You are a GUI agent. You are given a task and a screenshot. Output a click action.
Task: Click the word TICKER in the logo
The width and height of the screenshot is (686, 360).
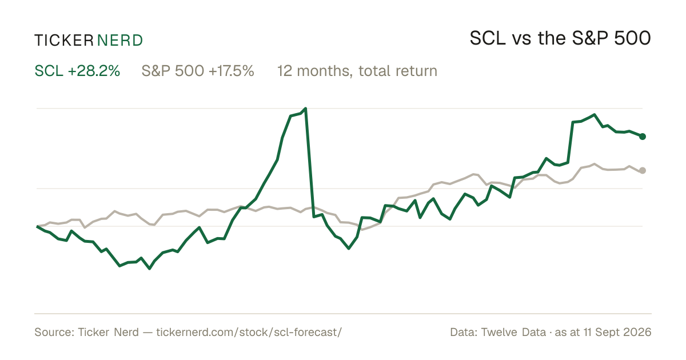pyautogui.click(x=64, y=41)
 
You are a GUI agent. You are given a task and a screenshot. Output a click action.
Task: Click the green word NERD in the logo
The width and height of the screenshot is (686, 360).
pyautogui.click(x=119, y=41)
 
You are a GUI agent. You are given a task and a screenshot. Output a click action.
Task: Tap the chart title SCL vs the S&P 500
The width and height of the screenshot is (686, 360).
pyautogui.click(x=560, y=38)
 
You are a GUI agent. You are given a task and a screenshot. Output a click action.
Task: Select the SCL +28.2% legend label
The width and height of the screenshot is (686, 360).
pyautogui.click(x=77, y=71)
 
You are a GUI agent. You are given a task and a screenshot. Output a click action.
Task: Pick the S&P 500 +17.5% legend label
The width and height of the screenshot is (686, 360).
pyautogui.click(x=198, y=71)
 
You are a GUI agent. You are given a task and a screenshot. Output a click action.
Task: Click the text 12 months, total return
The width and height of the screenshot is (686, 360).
pyautogui.click(x=357, y=71)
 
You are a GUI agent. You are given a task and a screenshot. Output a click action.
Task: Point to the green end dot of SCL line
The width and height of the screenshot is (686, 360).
pyautogui.click(x=643, y=137)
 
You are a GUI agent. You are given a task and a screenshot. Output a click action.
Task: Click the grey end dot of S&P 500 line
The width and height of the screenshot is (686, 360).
pyautogui.click(x=643, y=170)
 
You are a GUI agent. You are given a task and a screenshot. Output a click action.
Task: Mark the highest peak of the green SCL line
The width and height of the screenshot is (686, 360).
pyautogui.click(x=305, y=109)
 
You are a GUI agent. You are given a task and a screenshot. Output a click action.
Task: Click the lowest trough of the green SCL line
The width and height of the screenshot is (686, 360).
pyautogui.click(x=149, y=269)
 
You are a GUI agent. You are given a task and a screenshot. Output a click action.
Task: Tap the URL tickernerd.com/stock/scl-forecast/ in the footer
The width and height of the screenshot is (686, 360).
pyautogui.click(x=249, y=332)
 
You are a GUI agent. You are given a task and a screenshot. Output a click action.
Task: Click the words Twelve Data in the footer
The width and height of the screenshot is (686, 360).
pyautogui.click(x=513, y=332)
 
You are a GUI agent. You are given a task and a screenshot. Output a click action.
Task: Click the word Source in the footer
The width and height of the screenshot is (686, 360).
pyautogui.click(x=53, y=332)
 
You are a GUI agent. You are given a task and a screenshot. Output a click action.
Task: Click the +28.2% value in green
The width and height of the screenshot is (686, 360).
pyautogui.click(x=94, y=71)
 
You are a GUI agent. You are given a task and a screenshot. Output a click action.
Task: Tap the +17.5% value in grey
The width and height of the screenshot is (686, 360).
pyautogui.click(x=232, y=71)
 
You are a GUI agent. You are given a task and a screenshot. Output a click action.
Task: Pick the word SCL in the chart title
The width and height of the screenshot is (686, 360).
pyautogui.click(x=488, y=38)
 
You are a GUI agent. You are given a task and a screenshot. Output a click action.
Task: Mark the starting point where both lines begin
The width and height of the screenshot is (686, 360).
pyautogui.click(x=37, y=226)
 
